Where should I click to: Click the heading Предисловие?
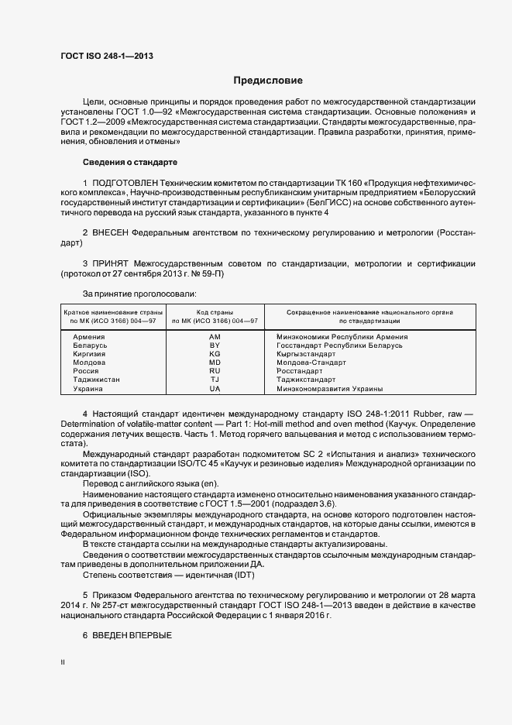pos(269,81)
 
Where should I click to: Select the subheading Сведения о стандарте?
pos(130,162)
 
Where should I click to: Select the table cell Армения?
pos(89,337)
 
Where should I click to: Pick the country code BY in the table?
pos(215,345)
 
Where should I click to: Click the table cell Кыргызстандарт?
pos(305,354)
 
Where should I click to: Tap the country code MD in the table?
pos(215,362)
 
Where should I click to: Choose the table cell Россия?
pos(86,371)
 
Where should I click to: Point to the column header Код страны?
pos(215,311)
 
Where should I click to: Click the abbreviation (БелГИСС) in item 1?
pos(331,202)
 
